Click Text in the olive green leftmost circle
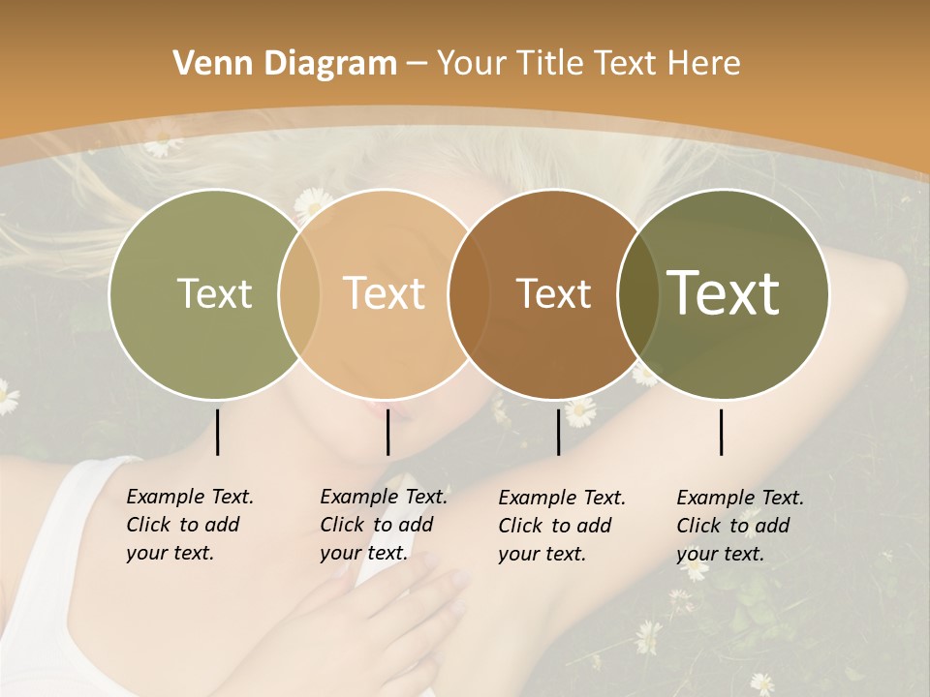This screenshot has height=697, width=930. tap(214, 293)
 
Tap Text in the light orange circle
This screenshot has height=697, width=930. tap(385, 293)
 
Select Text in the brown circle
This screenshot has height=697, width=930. tap(554, 293)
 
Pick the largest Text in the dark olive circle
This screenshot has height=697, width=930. tap(724, 293)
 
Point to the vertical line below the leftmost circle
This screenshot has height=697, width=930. tap(218, 432)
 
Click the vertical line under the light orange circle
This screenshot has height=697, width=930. tap(387, 432)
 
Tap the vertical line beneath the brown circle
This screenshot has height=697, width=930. tap(559, 432)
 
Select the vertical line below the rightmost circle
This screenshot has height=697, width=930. tap(722, 432)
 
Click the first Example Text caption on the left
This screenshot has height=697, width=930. tap(189, 525)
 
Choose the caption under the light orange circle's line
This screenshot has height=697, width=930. tap(383, 525)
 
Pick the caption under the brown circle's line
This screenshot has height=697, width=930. tap(561, 526)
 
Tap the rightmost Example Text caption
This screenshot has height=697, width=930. tap(739, 526)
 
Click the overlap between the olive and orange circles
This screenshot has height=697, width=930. tap(299, 293)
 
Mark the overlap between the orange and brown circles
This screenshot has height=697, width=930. tap(469, 293)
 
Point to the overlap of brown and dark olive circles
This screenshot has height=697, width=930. tap(638, 293)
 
